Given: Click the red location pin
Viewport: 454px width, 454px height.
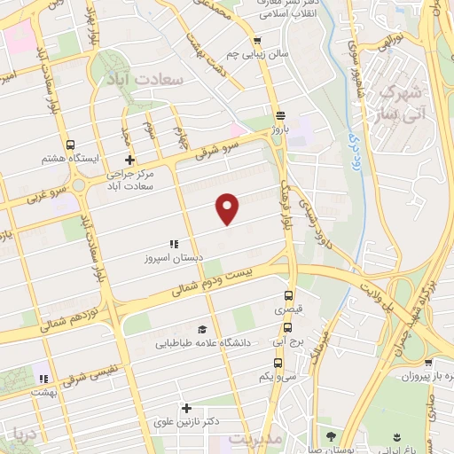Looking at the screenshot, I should click(228, 207).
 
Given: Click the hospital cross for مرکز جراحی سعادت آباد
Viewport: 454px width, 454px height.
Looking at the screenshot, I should click(130, 160).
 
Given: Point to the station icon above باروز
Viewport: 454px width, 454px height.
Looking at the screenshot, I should click(280, 115).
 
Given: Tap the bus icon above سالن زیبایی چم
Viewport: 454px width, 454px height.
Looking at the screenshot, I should click(257, 40).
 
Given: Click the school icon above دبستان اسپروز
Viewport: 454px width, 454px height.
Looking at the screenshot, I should click(174, 244).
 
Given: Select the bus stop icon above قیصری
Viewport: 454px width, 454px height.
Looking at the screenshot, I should click(287, 296).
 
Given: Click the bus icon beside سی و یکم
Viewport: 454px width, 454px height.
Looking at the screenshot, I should click(278, 363).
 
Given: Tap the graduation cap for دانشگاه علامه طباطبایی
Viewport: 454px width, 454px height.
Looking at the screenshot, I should click(203, 328).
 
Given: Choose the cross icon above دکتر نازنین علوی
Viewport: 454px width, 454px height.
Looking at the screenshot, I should click(186, 409).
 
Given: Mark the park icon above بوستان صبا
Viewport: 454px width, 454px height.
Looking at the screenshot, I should click(331, 436).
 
